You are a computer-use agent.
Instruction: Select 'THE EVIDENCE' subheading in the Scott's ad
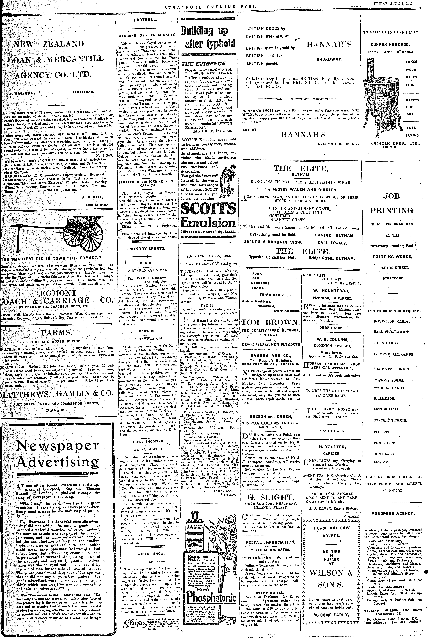click(x=204, y=64)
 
